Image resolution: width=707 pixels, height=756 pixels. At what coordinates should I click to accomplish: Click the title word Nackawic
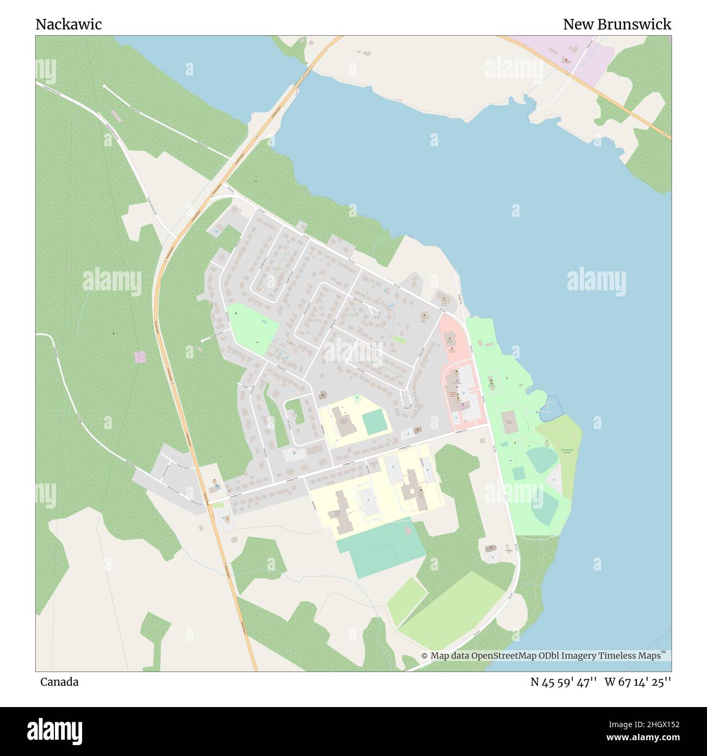pos(69,24)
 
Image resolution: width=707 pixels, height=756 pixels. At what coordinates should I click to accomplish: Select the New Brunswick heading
pos(616,24)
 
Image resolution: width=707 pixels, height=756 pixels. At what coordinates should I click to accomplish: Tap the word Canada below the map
pos(59,682)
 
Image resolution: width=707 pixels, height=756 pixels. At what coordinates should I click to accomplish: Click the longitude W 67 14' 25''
pos(637,682)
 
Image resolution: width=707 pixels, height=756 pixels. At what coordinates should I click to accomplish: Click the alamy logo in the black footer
pos(54,730)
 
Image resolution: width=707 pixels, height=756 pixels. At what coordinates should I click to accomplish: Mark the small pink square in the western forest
pos(140,357)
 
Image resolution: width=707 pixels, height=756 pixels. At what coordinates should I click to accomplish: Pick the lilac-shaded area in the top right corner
pos(582,57)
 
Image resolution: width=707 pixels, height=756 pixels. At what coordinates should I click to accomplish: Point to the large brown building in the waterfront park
pos(510,423)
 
